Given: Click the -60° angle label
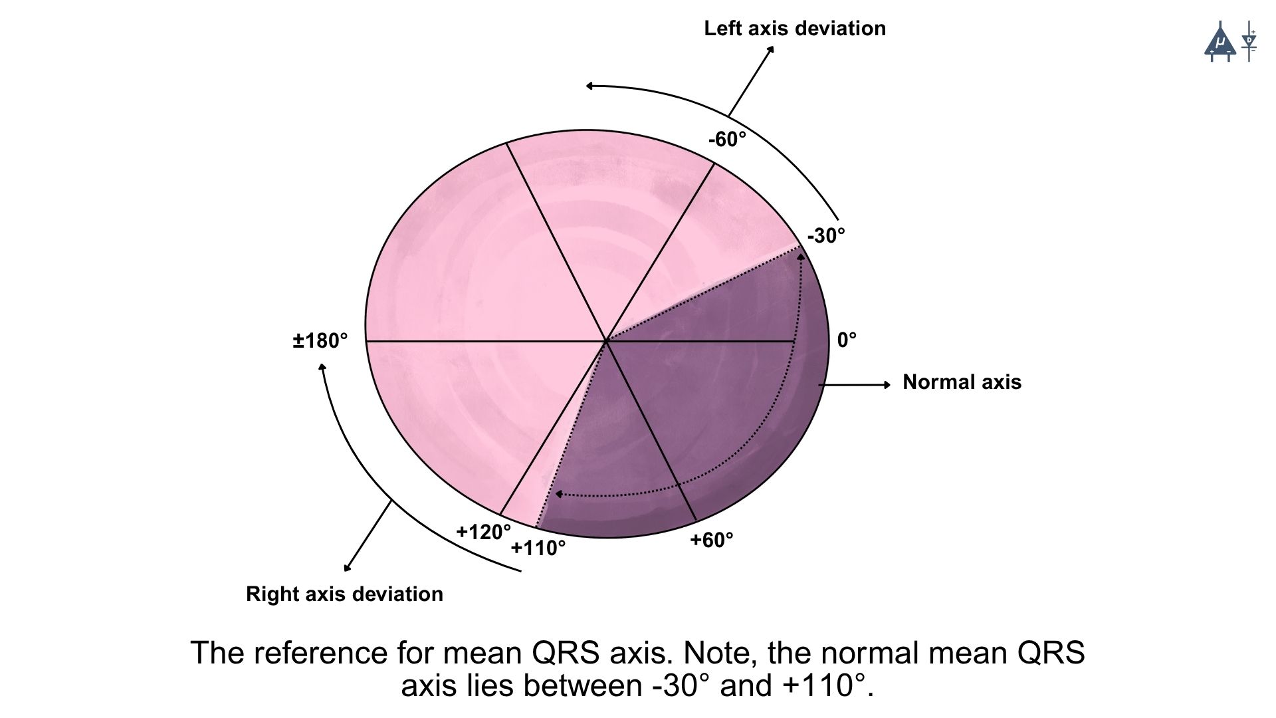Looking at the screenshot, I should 727,140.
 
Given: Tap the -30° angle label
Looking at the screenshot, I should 826,236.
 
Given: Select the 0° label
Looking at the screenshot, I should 847,340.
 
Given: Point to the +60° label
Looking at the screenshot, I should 711,540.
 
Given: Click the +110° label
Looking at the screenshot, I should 538,548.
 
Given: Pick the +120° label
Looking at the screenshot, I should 483,532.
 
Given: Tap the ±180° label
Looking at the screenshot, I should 320,341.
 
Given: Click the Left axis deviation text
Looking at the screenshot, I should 795,29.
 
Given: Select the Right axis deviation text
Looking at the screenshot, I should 344,594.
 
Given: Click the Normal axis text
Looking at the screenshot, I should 962,382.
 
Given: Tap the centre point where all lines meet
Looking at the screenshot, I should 606,341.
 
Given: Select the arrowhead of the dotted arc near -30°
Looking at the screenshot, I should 801,254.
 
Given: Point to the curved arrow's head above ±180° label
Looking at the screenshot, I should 323,367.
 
